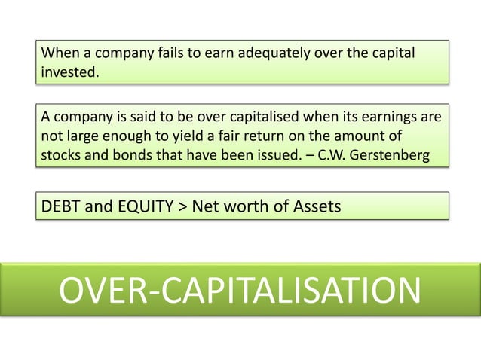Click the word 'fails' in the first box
[169, 53]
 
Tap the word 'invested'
[69, 72]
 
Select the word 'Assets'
[315, 205]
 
